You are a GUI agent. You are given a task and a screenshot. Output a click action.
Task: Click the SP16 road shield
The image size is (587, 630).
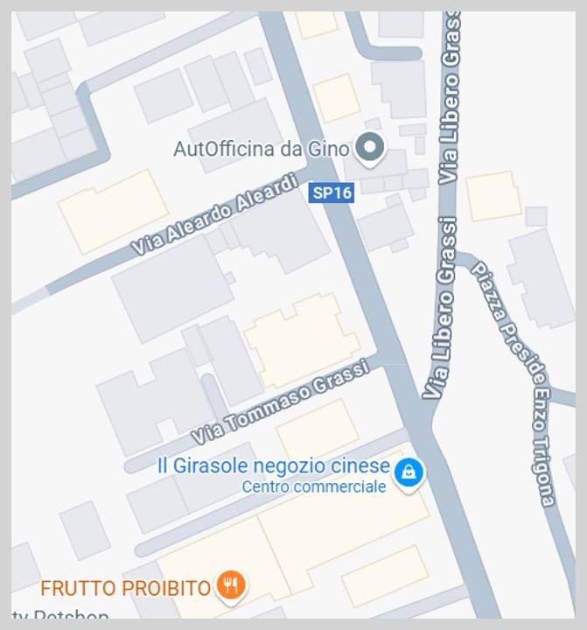click(x=332, y=192)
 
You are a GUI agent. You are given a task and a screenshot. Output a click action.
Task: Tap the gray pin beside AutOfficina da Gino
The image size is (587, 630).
click(x=371, y=148)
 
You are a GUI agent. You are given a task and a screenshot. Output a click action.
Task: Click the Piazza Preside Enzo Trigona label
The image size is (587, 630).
click(x=514, y=382)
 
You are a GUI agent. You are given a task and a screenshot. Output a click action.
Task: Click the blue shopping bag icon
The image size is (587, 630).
click(x=408, y=473)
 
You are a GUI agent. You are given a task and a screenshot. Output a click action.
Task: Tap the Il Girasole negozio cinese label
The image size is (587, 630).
click(x=272, y=466)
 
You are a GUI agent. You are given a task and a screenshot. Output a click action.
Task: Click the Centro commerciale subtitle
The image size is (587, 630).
click(x=313, y=487)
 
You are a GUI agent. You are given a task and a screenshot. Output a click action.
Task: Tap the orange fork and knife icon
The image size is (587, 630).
click(x=231, y=585)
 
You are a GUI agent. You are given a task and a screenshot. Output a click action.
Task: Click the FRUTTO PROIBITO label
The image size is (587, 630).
click(x=125, y=587)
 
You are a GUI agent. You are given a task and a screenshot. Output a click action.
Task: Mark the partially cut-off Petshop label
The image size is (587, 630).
click(x=60, y=616)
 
